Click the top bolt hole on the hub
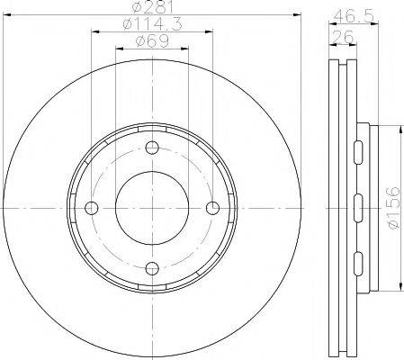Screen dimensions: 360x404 tap(152, 149)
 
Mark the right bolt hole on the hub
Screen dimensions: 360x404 tap(211, 208)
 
